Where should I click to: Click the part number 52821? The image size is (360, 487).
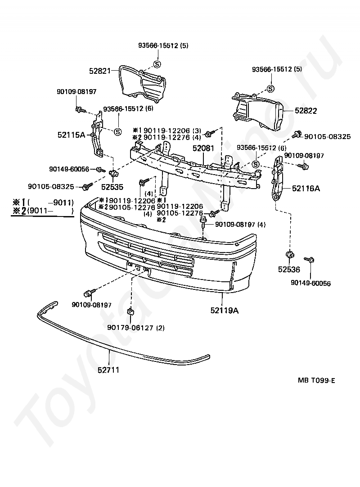click(x=100, y=71)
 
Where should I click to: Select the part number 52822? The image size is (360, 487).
click(x=306, y=111)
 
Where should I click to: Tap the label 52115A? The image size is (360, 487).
click(x=71, y=135)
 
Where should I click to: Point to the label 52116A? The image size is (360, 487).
click(x=306, y=188)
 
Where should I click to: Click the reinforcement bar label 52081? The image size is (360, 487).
click(x=203, y=148)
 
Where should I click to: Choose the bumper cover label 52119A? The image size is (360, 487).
click(x=225, y=310)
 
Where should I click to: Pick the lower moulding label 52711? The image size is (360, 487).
click(x=108, y=370)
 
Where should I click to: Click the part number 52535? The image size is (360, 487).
click(x=112, y=187)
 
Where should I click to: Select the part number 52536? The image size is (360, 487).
click(x=289, y=269)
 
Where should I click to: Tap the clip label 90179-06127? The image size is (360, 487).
click(x=131, y=328)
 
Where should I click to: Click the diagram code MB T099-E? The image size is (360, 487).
click(x=316, y=380)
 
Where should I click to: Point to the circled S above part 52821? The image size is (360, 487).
click(x=157, y=64)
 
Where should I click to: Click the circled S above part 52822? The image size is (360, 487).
click(x=270, y=89)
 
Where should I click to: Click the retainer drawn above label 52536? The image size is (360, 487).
click(x=290, y=255)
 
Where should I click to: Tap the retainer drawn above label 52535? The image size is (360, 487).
click(x=114, y=173)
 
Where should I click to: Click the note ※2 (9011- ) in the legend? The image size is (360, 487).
click(x=43, y=211)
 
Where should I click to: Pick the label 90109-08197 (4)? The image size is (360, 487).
click(x=240, y=224)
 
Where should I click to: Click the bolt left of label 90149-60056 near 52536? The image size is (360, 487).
click(x=309, y=259)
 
